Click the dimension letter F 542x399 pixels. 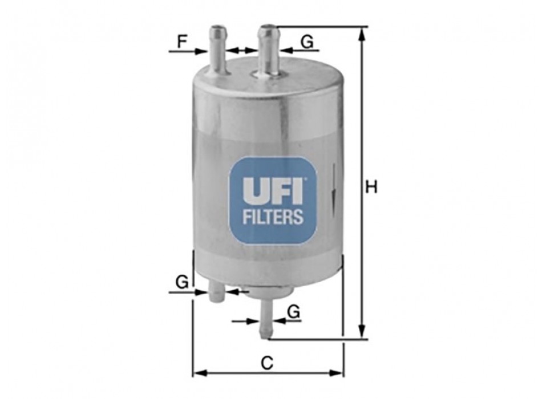point(182,42)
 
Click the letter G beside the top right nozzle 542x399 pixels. point(306,42)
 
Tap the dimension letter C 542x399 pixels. point(266,363)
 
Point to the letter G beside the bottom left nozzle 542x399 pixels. point(182,282)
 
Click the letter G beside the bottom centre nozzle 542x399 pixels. point(293,312)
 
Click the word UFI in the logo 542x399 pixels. point(273,190)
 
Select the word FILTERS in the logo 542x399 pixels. point(273,217)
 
